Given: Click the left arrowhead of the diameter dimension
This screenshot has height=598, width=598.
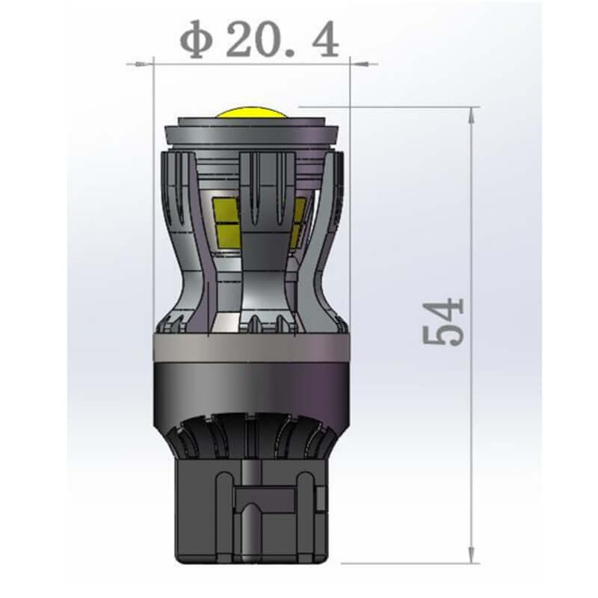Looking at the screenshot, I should [142, 64].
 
